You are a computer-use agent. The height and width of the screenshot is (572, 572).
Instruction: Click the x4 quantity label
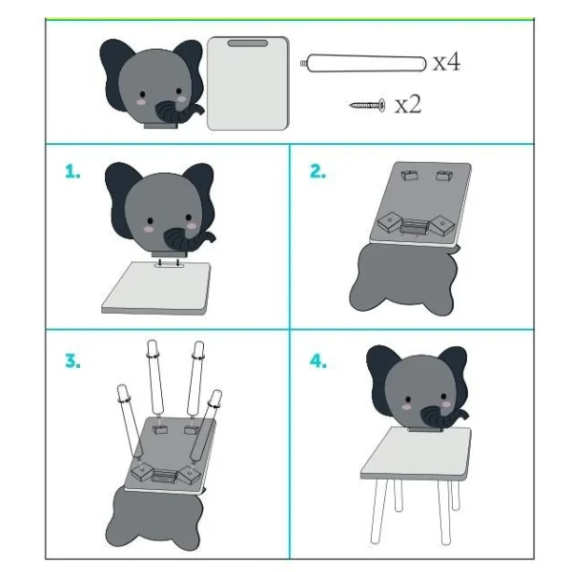pos(447,62)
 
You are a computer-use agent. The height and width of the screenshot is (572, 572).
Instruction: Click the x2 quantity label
pos(408,104)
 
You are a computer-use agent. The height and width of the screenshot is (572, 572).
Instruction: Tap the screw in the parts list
pos(367,106)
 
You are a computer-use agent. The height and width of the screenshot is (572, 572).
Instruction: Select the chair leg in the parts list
pos(364,64)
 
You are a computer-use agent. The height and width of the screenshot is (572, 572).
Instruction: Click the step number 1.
pos(72,172)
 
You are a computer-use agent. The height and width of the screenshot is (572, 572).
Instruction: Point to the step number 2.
pos(317,171)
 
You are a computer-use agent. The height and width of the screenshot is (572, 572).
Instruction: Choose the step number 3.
pos(73,361)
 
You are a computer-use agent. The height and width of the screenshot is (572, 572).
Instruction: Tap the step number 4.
pos(318,361)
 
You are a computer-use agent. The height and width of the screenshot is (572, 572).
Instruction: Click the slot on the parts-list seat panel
pos(248,44)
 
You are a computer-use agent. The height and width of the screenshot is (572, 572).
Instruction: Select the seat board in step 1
pos(156,288)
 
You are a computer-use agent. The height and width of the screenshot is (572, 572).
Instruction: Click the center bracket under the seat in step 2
pos(414,225)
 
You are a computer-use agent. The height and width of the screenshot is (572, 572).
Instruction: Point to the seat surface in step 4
pos(416,452)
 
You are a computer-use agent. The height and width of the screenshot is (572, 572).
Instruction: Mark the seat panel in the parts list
pos(248,83)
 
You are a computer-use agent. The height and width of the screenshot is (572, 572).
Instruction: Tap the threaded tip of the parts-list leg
pos(304,64)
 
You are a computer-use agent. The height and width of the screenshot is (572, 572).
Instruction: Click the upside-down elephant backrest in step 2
pos(403,278)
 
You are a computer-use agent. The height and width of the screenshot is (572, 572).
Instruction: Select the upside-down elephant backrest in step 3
pos(153,518)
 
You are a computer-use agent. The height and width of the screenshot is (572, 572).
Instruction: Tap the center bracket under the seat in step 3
pos(165,476)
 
